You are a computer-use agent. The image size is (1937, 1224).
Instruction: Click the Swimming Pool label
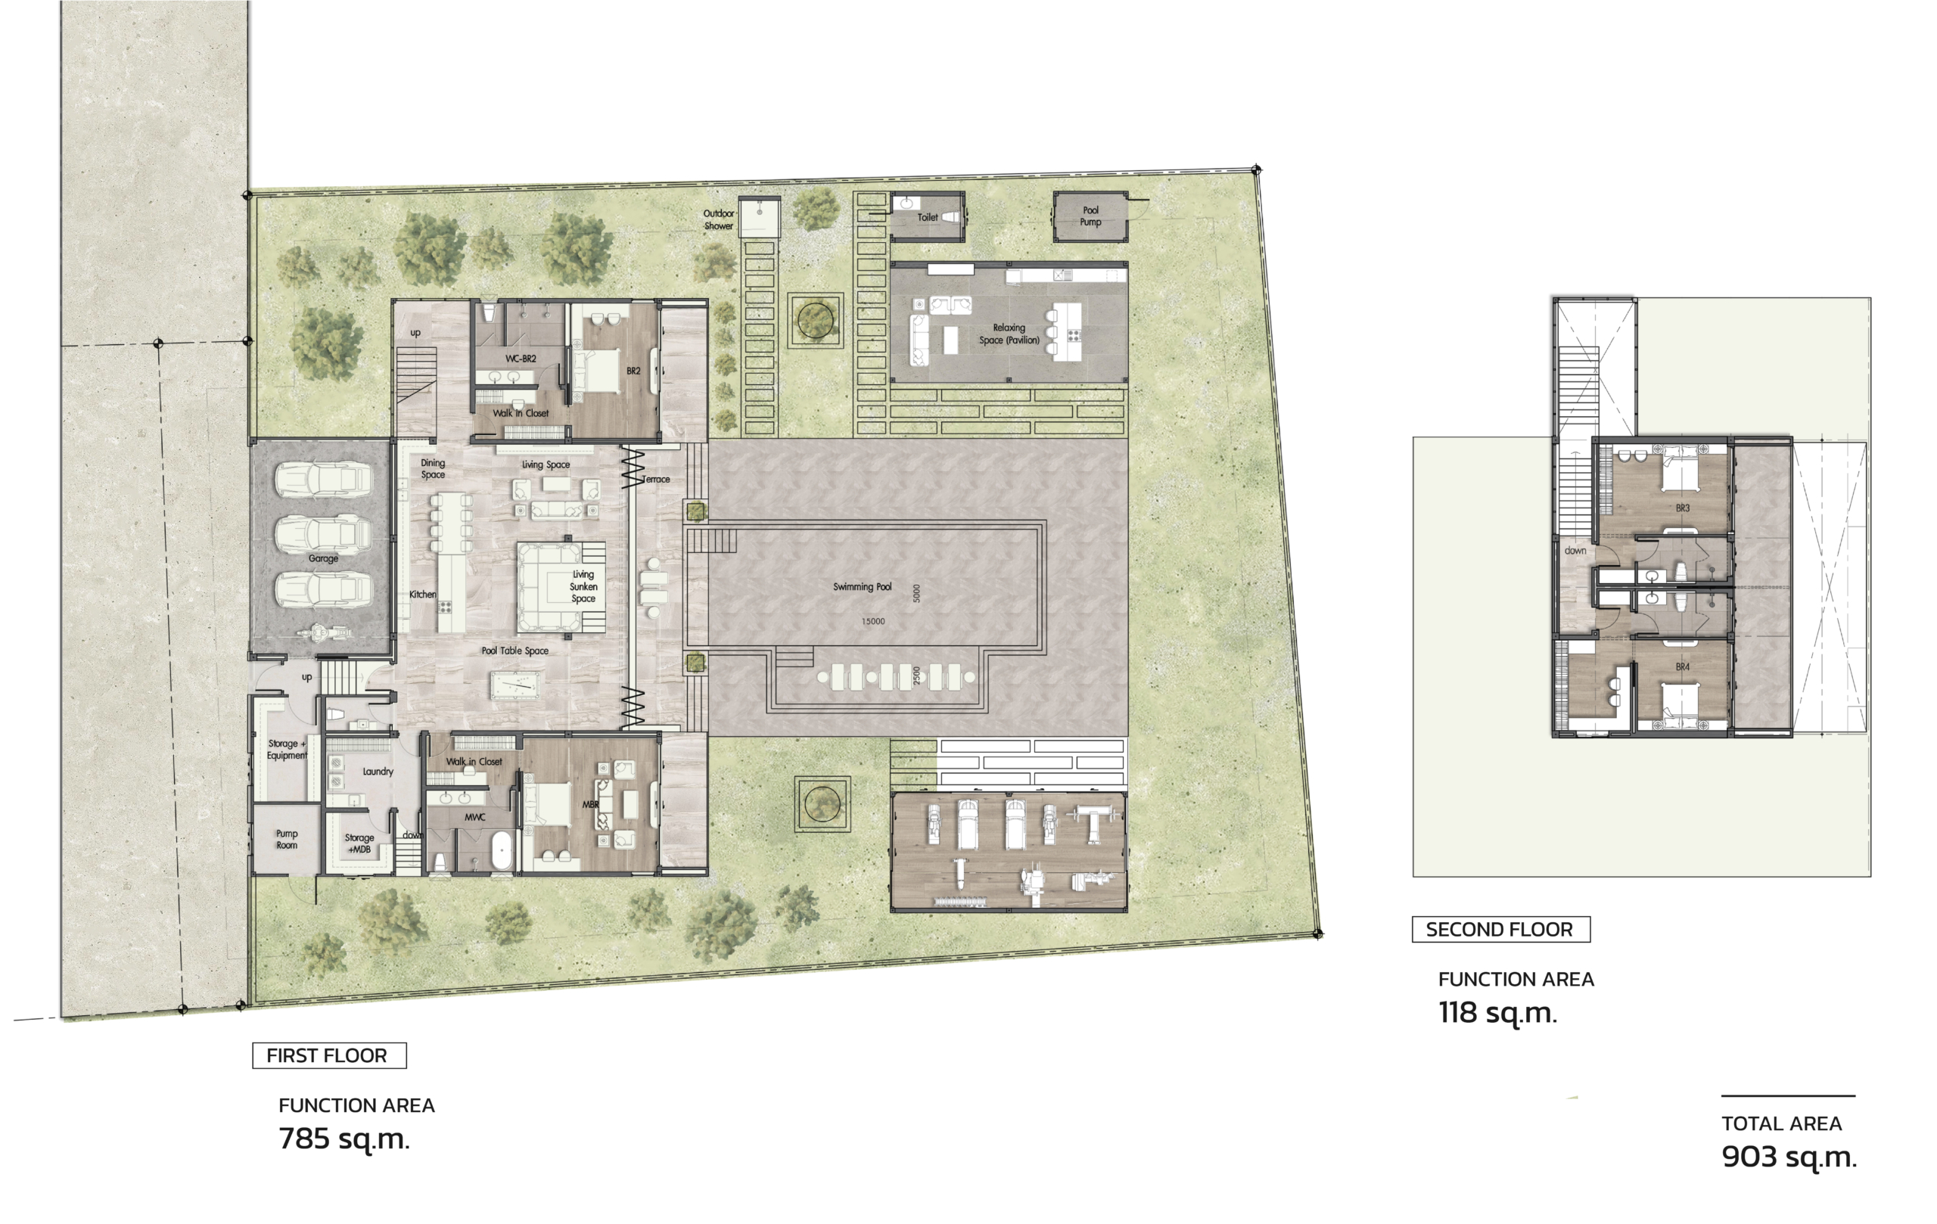pyautogui.click(x=863, y=587)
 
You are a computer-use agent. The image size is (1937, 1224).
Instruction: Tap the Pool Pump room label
pyautogui.click(x=1091, y=216)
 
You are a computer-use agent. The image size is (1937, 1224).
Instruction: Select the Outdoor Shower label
pyautogui.click(x=718, y=219)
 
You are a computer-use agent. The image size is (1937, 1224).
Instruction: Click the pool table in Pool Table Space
pyautogui.click(x=512, y=685)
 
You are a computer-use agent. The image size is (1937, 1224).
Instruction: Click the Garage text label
pyautogui.click(x=323, y=558)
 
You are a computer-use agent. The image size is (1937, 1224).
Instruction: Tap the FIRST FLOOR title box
pyautogui.click(x=330, y=1055)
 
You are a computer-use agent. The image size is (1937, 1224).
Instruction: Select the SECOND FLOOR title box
pyautogui.click(x=1501, y=930)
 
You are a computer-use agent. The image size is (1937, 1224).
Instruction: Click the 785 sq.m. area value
pyautogui.click(x=344, y=1139)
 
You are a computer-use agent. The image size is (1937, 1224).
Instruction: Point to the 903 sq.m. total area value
pyautogui.click(x=1789, y=1157)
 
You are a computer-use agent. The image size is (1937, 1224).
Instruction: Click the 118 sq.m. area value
pyautogui.click(x=1498, y=1013)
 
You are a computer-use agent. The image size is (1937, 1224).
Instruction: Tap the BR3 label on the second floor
pyautogui.click(x=1683, y=508)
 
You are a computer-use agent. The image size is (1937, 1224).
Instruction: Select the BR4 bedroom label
pyautogui.click(x=1683, y=666)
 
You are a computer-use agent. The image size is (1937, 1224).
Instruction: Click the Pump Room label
pyautogui.click(x=286, y=840)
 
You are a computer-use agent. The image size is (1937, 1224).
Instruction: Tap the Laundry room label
pyautogui.click(x=378, y=771)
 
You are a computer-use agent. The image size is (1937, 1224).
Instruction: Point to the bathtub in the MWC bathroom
pyautogui.click(x=502, y=851)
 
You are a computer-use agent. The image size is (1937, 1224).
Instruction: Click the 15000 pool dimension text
pyautogui.click(x=872, y=622)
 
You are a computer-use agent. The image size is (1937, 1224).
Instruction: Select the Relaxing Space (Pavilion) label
pyautogui.click(x=1009, y=334)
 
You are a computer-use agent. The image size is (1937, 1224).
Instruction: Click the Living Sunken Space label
pyautogui.click(x=583, y=586)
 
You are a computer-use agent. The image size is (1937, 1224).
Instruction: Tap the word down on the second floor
pyautogui.click(x=1576, y=551)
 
